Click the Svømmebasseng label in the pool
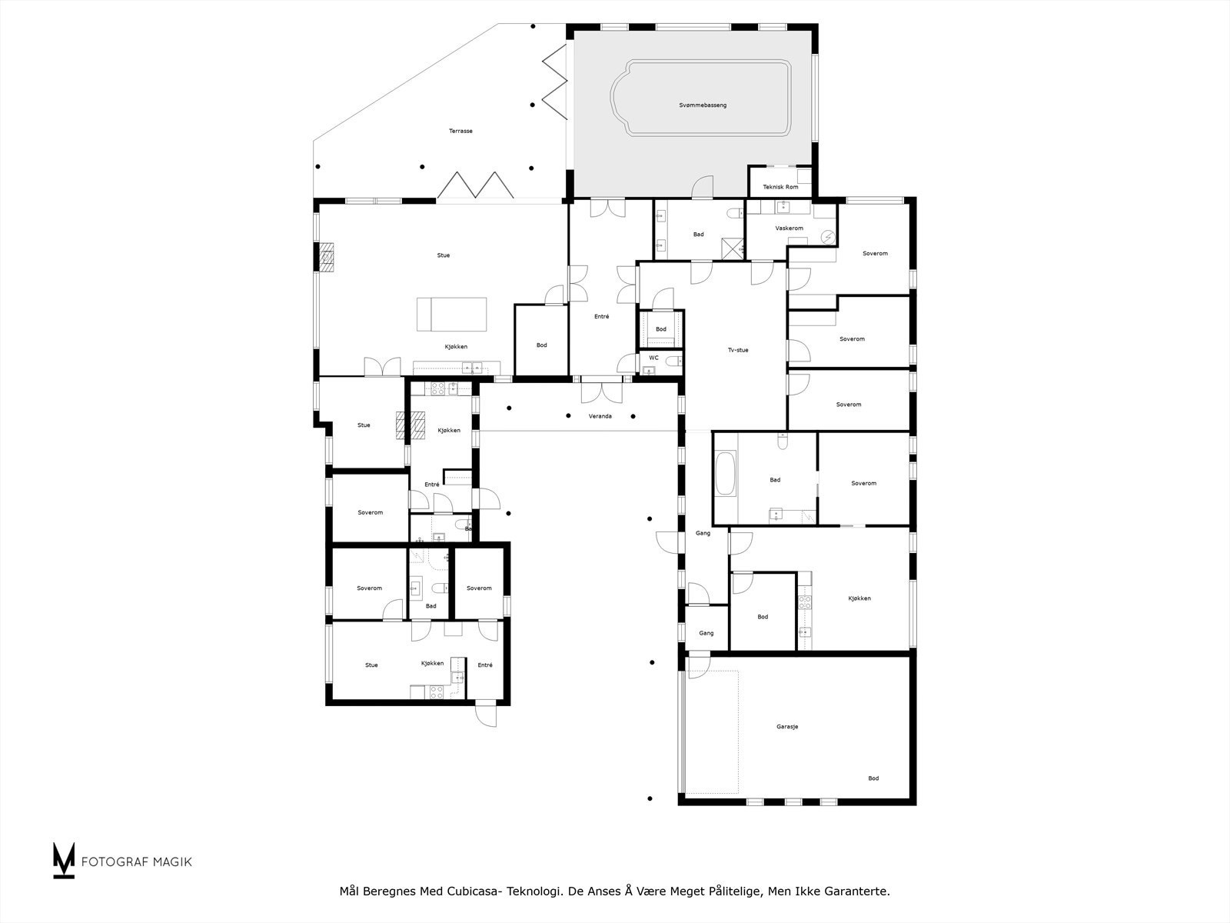pyautogui.click(x=703, y=105)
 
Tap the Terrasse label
pyautogui.click(x=460, y=131)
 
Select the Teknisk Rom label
pyautogui.click(x=780, y=187)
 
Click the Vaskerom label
pyautogui.click(x=789, y=228)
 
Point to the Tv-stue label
pyautogui.click(x=737, y=350)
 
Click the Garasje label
pyautogui.click(x=786, y=726)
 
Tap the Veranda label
pyautogui.click(x=600, y=416)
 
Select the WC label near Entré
pyautogui.click(x=653, y=358)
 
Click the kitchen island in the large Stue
pyautogui.click(x=452, y=314)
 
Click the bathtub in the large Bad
pyautogui.click(x=725, y=475)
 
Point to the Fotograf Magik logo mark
pyautogui.click(x=64, y=860)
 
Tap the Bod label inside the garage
pyautogui.click(x=873, y=778)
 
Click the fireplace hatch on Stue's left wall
pyautogui.click(x=327, y=257)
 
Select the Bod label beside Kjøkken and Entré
pyautogui.click(x=541, y=345)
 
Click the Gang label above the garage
pyautogui.click(x=706, y=633)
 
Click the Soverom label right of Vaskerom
pyautogui.click(x=875, y=253)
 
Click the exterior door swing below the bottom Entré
pyautogui.click(x=486, y=715)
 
